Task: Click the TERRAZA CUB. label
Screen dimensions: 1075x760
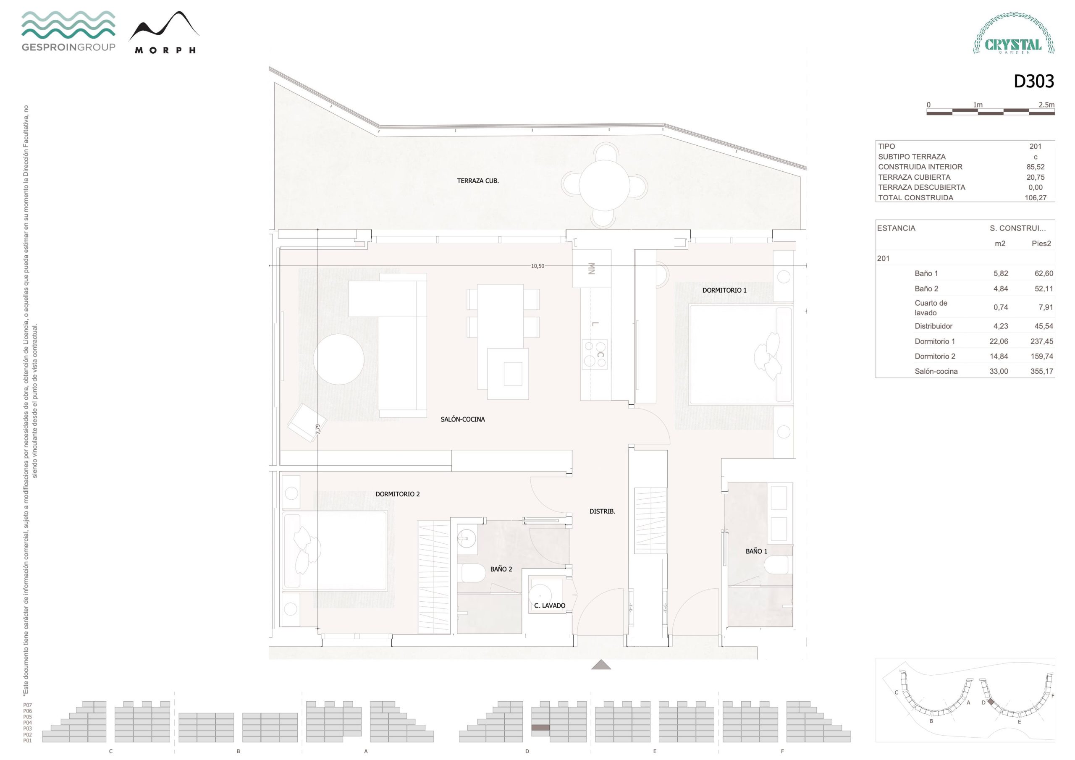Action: click(477, 181)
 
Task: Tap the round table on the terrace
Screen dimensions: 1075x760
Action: click(604, 186)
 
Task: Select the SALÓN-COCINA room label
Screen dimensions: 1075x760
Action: click(463, 419)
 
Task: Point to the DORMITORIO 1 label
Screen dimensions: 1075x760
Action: click(724, 290)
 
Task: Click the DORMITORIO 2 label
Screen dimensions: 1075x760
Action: click(398, 494)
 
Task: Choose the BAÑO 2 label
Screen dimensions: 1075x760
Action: click(501, 569)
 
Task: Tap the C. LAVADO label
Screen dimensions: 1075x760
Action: click(550, 605)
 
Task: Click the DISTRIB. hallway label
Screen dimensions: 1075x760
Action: click(602, 511)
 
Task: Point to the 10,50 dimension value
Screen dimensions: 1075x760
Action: click(537, 266)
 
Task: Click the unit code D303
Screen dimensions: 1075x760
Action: click(1034, 81)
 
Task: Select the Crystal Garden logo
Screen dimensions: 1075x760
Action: click(1014, 33)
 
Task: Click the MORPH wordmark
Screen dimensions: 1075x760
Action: click(165, 50)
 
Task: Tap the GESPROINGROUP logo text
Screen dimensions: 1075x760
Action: click(68, 47)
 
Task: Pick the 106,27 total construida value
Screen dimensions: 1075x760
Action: click(1035, 198)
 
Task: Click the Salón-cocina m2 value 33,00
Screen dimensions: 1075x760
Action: click(999, 371)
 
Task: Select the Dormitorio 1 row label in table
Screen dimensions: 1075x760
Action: click(935, 341)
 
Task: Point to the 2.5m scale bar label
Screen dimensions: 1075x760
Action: click(1046, 105)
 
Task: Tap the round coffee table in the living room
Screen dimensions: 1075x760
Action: click(338, 359)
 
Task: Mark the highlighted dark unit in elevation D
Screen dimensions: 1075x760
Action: click(540, 728)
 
